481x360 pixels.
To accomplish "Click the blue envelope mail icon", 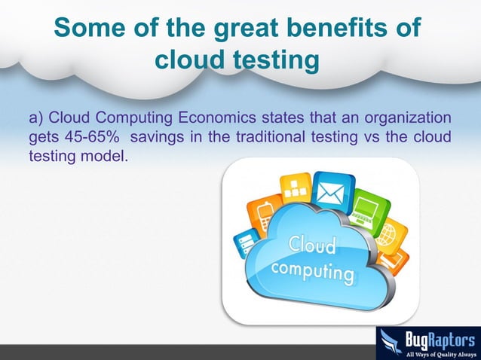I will click(329, 191).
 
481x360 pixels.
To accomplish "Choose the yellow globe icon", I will click(390, 235).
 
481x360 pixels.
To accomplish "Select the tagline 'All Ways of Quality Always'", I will click(440, 352).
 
